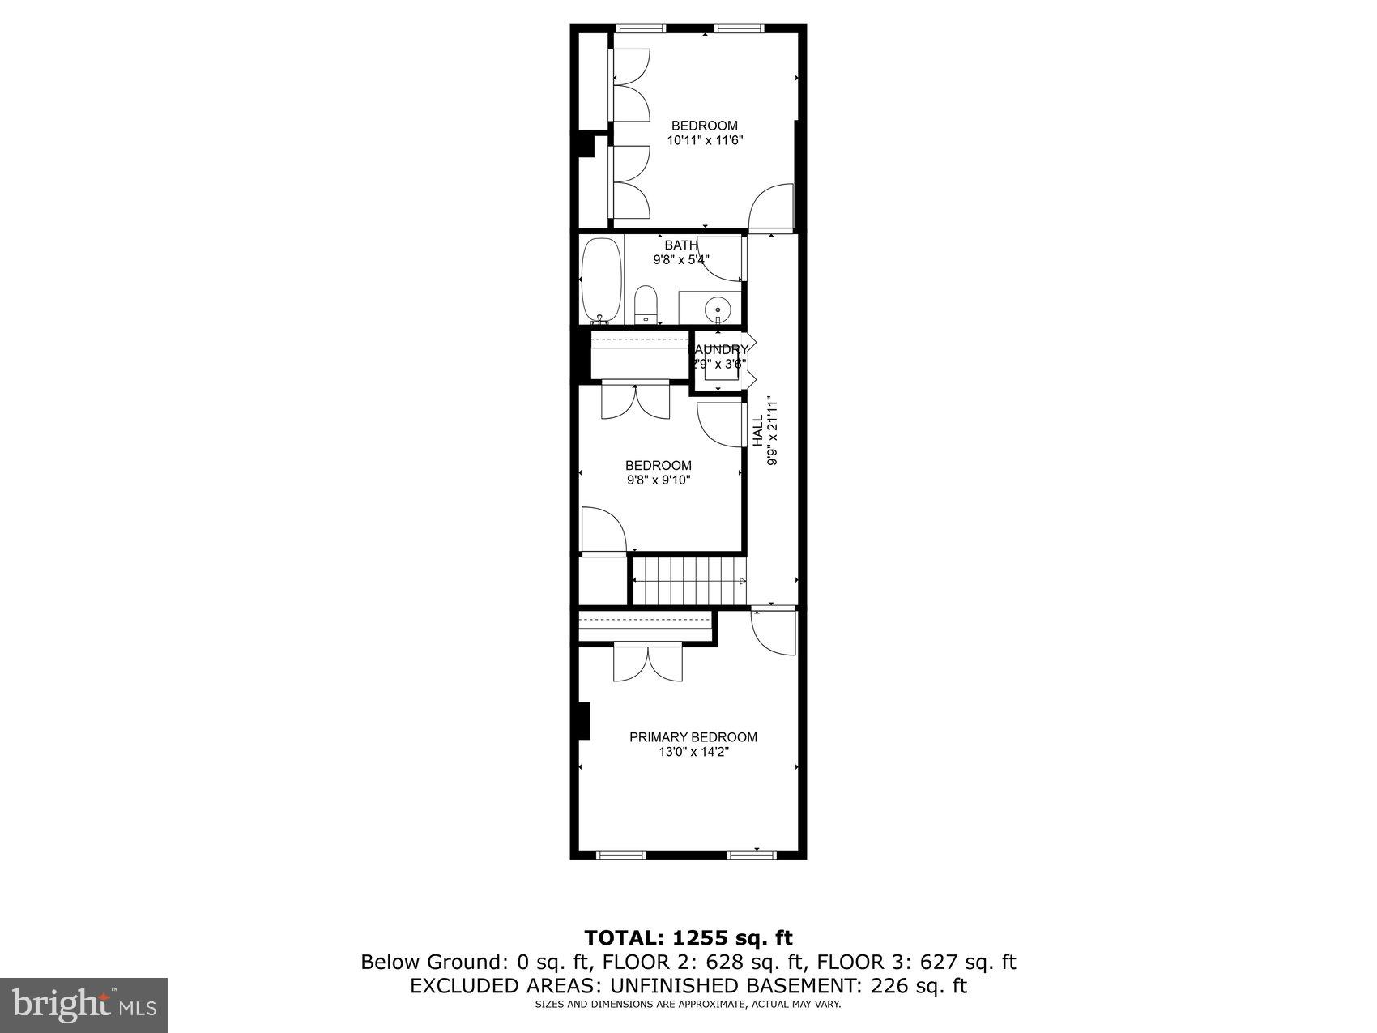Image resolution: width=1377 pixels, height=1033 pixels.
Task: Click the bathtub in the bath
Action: [x=602, y=280]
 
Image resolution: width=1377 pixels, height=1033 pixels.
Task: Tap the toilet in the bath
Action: [x=646, y=304]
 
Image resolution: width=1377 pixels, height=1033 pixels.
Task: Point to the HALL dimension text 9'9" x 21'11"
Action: [x=773, y=431]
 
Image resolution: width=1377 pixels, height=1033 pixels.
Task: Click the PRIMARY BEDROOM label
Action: [x=693, y=737]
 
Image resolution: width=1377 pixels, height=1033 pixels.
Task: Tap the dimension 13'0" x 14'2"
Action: [x=693, y=752]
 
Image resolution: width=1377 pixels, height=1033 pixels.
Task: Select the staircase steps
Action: [x=688, y=580]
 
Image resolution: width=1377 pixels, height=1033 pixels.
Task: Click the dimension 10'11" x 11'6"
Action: [x=705, y=140]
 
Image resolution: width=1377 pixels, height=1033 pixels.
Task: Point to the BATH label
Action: [x=681, y=245]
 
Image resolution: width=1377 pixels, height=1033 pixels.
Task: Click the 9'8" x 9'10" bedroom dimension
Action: [x=658, y=480]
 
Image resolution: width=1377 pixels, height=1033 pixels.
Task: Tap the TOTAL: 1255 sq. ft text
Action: [x=688, y=938]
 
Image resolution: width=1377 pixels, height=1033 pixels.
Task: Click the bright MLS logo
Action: [x=84, y=1005]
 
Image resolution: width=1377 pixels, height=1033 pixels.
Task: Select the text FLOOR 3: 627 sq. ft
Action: [x=916, y=963]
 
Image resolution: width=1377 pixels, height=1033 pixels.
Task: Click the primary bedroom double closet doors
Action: [x=647, y=663]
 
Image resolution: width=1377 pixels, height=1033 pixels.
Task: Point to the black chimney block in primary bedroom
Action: [x=582, y=721]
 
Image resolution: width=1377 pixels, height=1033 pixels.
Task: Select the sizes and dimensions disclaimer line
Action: [x=688, y=1005]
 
